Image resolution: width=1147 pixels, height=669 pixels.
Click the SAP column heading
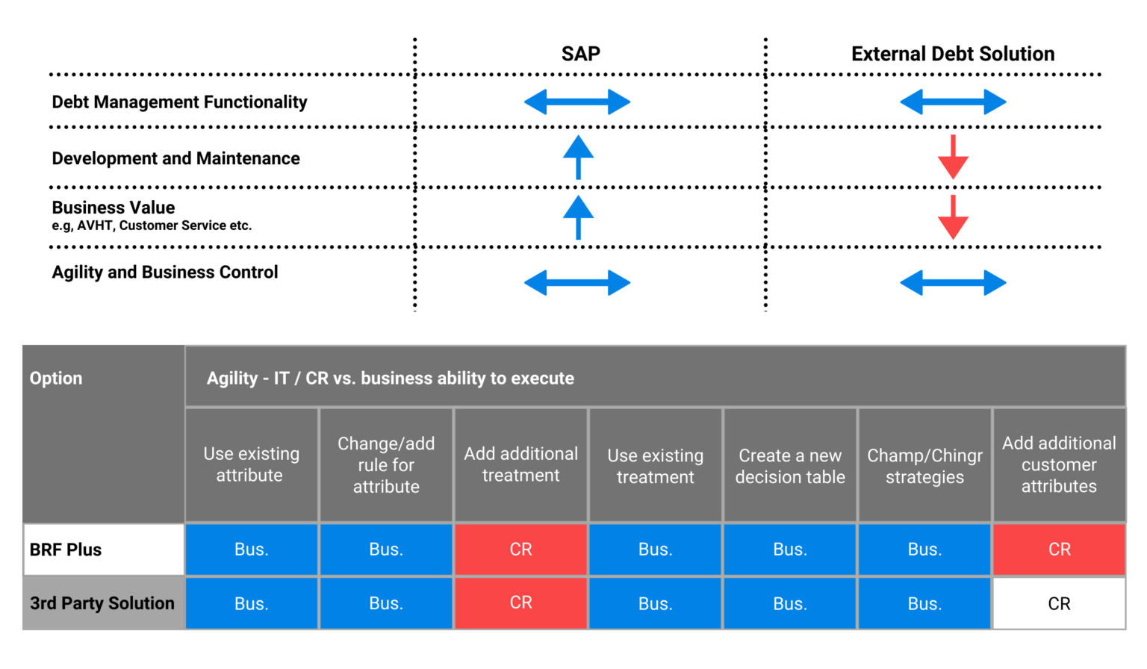pyautogui.click(x=580, y=54)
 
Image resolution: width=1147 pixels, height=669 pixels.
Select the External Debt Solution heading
pyautogui.click(x=952, y=54)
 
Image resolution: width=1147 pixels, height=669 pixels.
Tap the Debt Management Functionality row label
pyautogui.click(x=179, y=102)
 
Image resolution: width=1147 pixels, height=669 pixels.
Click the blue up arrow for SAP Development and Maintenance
pyautogui.click(x=578, y=157)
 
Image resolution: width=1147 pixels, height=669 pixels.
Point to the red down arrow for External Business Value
pyautogui.click(x=953, y=217)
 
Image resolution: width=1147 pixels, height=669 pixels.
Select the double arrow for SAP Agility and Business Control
pyautogui.click(x=577, y=283)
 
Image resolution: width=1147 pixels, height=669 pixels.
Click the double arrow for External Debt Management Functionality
pyautogui.click(x=953, y=102)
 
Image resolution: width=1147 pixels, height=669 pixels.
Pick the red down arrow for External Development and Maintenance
pyautogui.click(x=953, y=157)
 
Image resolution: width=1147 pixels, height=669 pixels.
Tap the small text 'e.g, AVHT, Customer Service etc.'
pyautogui.click(x=152, y=225)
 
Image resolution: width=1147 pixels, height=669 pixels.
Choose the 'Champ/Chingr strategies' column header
pyautogui.click(x=924, y=466)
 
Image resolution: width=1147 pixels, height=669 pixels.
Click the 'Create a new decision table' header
pyautogui.click(x=790, y=466)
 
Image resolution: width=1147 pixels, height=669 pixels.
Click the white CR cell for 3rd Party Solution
pyautogui.click(x=1059, y=603)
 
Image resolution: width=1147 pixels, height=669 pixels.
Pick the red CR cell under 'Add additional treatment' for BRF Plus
pyautogui.click(x=520, y=550)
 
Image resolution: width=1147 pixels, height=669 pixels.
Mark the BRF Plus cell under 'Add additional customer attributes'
pyautogui.click(x=1059, y=550)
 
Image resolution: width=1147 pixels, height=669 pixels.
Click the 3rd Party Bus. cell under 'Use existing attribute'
pyautogui.click(x=251, y=603)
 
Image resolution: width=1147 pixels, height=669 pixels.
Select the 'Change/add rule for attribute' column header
pyautogui.click(x=386, y=465)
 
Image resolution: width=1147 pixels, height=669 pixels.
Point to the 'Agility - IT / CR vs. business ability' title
pyautogui.click(x=390, y=379)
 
